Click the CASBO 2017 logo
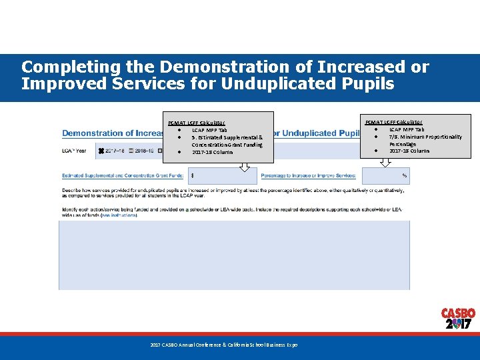coord(458,319)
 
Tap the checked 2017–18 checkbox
coord(102,151)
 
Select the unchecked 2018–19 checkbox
coord(132,151)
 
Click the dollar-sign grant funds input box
coord(223,175)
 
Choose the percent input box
coord(386,175)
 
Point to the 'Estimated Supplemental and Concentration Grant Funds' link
coord(122,175)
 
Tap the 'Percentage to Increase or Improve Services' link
coord(308,175)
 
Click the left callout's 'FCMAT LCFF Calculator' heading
coord(197,123)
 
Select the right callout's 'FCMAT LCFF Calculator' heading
coord(393,121)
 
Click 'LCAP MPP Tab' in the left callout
coord(209,130)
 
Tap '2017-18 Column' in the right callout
coord(409,151)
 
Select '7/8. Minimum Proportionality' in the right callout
coord(425,137)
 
